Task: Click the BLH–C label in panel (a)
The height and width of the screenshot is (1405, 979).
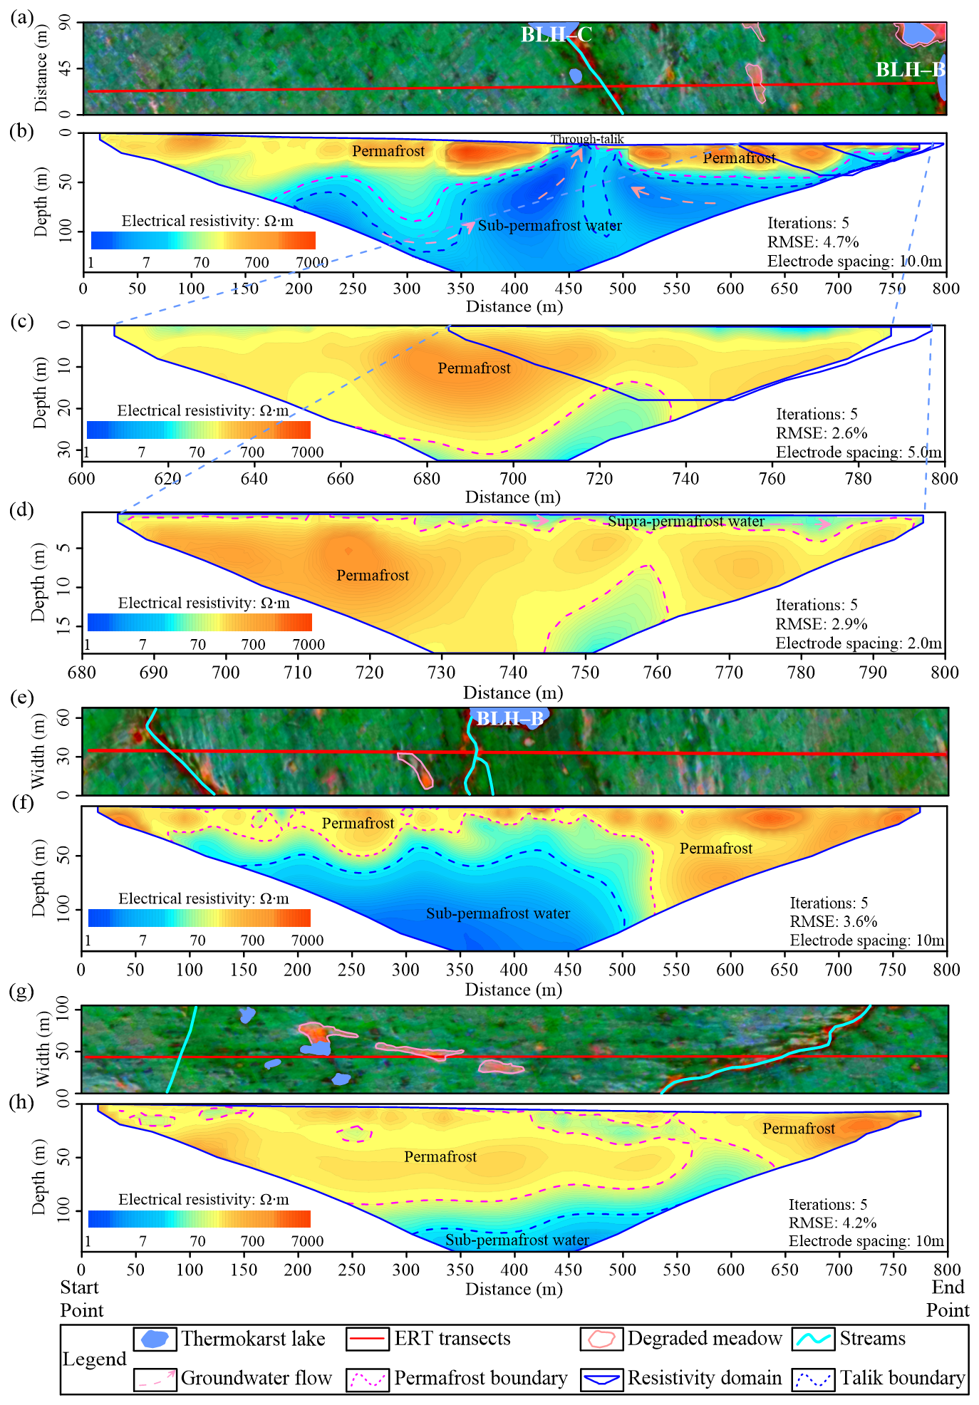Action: pyautogui.click(x=556, y=34)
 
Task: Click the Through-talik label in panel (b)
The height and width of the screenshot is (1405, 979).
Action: pyautogui.click(x=587, y=140)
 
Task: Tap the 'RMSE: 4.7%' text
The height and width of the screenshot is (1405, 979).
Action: pyautogui.click(x=813, y=242)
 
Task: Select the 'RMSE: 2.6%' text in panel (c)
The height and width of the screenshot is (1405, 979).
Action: pyautogui.click(x=822, y=433)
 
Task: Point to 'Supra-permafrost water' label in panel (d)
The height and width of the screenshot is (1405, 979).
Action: pyautogui.click(x=685, y=522)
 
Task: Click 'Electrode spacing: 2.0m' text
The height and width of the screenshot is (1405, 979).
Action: pyautogui.click(x=859, y=643)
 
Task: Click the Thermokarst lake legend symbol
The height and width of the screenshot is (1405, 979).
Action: pyautogui.click(x=155, y=1339)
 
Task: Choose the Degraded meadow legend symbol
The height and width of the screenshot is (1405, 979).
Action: pyautogui.click(x=601, y=1339)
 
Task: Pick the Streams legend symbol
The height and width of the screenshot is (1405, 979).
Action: pyautogui.click(x=813, y=1339)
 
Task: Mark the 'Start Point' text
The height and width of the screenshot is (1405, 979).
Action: pyautogui.click(x=81, y=1299)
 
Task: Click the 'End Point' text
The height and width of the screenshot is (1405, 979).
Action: pyautogui.click(x=948, y=1299)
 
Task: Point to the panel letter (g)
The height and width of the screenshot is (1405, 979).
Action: pyautogui.click(x=22, y=991)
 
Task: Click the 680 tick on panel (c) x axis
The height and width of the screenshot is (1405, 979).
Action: pyautogui.click(x=427, y=479)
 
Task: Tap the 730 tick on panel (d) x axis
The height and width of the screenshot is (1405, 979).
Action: pyautogui.click(x=441, y=673)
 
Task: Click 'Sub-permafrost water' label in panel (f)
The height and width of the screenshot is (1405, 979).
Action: pyautogui.click(x=498, y=913)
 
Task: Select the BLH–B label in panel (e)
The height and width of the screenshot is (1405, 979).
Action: pyautogui.click(x=509, y=718)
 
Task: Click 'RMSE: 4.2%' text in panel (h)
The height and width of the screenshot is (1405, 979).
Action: pyautogui.click(x=832, y=1223)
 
